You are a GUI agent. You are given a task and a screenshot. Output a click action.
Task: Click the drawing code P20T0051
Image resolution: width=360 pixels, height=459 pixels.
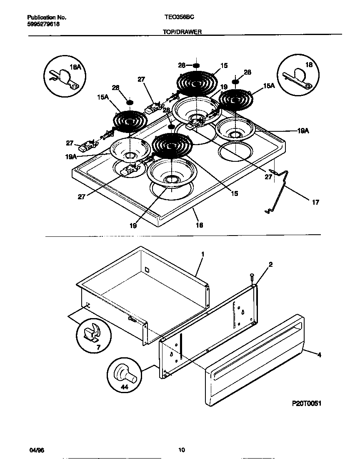(x=306, y=404)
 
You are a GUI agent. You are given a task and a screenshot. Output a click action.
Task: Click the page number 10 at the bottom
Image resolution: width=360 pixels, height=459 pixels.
(x=181, y=450)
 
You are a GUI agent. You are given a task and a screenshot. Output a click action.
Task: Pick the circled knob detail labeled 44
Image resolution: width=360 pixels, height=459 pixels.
(x=124, y=374)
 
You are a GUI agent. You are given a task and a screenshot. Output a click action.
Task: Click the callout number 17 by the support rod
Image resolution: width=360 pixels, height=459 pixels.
(x=315, y=202)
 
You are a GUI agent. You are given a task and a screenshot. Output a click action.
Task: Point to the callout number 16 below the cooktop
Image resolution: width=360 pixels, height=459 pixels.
(x=199, y=225)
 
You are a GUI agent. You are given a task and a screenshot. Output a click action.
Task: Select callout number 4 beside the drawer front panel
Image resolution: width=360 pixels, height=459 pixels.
(x=319, y=355)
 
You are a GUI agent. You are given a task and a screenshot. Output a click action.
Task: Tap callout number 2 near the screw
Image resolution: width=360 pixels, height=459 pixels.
(x=270, y=264)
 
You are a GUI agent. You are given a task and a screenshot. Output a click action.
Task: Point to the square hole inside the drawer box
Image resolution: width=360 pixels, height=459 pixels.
(x=147, y=270)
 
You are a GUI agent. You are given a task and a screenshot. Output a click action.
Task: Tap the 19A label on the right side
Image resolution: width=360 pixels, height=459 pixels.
(x=303, y=130)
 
